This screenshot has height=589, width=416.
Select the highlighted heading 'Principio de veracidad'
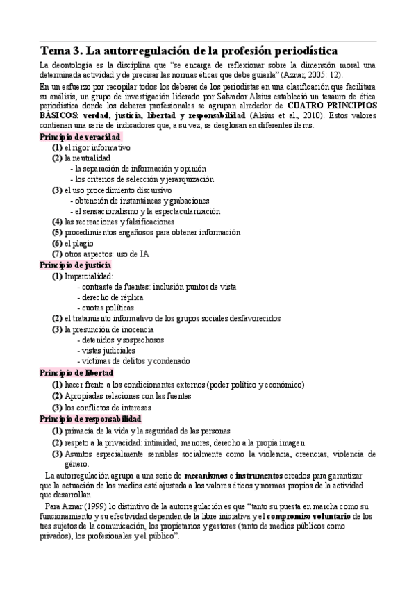coord(80,138)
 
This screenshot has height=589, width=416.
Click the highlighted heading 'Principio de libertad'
coord(74,372)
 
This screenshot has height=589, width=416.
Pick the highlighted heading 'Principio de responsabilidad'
coord(90,420)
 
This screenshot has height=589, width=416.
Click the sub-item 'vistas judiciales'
coord(107,351)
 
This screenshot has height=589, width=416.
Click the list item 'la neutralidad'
coord(87,158)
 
